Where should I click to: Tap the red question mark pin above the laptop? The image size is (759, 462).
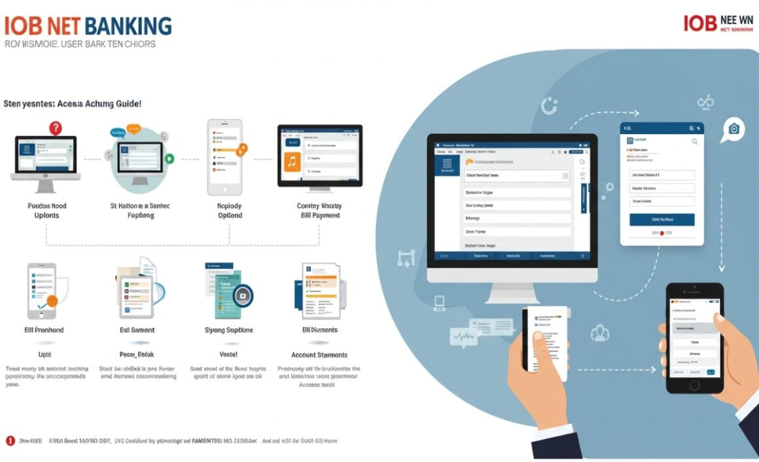pyautogui.click(x=56, y=128)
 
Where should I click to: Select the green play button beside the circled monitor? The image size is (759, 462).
pyautogui.click(x=169, y=158)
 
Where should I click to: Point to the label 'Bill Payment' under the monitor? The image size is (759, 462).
pyautogui.click(x=320, y=215)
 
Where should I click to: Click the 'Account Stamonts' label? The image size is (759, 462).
pyautogui.click(x=319, y=355)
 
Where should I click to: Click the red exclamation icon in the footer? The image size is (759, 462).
pyautogui.click(x=10, y=440)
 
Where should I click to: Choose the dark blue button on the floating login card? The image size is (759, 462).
pyautogui.click(x=662, y=219)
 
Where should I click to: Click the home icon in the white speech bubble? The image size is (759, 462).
pyautogui.click(x=733, y=129)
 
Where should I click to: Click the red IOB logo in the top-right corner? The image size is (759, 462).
pyautogui.click(x=699, y=23)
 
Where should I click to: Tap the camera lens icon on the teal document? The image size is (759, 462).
pyautogui.click(x=243, y=296)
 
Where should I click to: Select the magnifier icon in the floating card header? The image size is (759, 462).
pyautogui.click(x=694, y=141)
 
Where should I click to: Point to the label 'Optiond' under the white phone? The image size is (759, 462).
pyautogui.click(x=229, y=215)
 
